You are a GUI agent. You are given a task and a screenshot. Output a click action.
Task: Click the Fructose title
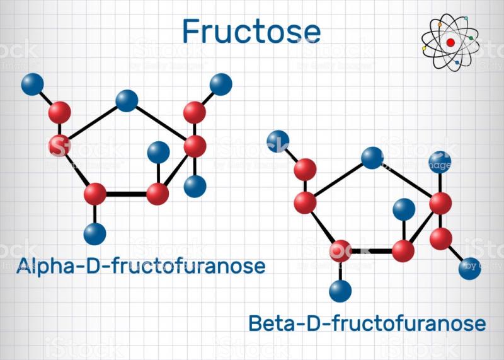tap(251, 31)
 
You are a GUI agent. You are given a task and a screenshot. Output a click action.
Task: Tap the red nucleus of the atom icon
tap(450, 42)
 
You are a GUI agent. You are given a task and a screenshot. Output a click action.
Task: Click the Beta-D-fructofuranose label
tap(367, 323)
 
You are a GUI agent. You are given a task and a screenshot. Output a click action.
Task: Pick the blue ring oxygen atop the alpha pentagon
tap(127, 101)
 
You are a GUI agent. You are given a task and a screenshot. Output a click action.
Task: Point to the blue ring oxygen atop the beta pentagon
tap(372, 158)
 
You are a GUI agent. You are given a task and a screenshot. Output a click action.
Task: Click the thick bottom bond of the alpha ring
tap(127, 194)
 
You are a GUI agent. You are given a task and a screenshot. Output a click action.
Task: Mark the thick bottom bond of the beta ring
tap(372, 251)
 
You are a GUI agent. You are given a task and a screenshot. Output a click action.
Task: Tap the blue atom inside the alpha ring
tap(159, 152)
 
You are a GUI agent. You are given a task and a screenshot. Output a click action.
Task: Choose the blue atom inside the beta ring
tap(404, 209)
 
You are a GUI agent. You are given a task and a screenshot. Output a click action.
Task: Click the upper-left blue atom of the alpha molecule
tap(33, 84)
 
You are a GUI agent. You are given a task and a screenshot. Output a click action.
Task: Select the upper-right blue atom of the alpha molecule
tap(221, 84)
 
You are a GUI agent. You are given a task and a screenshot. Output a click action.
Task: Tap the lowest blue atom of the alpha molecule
tap(95, 234)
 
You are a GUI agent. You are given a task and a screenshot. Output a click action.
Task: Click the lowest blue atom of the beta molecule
tap(340, 291)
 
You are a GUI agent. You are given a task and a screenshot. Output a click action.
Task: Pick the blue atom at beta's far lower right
tap(469, 269)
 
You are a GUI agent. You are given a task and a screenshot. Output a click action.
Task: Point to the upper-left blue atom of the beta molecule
tap(278, 141)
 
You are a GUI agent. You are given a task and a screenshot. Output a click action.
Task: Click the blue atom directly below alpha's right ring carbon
tap(195, 187)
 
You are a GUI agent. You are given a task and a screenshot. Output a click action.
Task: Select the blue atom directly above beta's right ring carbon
tap(440, 162)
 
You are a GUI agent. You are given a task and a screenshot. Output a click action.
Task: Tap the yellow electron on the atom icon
tap(424, 49)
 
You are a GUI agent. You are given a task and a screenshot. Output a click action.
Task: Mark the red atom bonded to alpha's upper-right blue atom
tap(195, 113)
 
